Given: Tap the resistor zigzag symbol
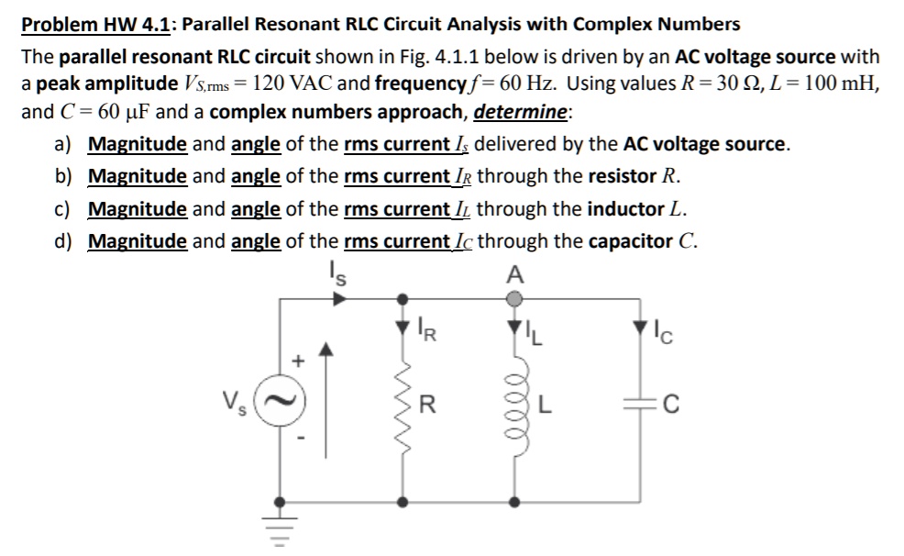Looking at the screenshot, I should pos(401,404).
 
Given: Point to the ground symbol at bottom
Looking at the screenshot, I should pos(281,528).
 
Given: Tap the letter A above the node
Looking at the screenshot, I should pos(514,273).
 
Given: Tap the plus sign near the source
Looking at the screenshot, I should pos(295,362).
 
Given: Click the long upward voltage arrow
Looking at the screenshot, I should pos(324,404).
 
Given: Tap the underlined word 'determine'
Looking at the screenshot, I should pos(520,112).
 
